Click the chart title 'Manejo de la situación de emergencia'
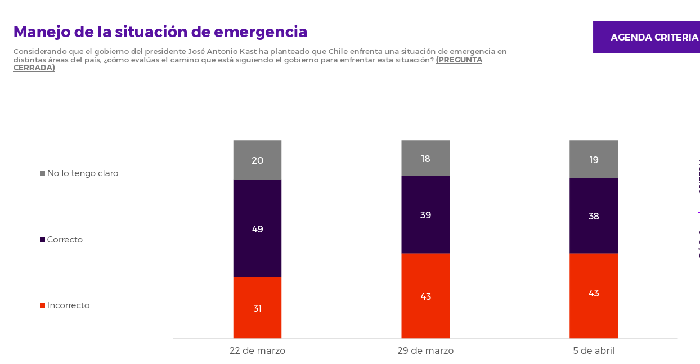tap(160, 32)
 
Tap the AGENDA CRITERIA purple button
tap(647, 37)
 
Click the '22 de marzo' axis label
tap(257, 350)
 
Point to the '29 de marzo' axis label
tap(425, 350)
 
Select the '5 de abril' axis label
tap(594, 350)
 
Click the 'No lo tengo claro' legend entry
tap(82, 173)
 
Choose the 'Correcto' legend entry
tap(64, 240)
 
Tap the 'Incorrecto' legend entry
tap(68, 305)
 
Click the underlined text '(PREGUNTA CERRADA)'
tap(459, 60)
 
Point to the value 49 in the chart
tap(258, 229)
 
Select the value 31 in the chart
tap(257, 308)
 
